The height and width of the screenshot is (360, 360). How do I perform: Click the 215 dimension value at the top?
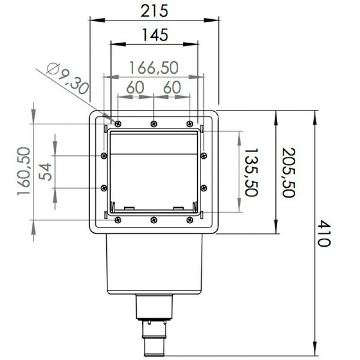154,10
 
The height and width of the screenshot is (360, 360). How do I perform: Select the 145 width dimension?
154,34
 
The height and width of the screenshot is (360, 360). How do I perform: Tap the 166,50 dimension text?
154,67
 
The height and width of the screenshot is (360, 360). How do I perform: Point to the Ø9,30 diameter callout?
67,77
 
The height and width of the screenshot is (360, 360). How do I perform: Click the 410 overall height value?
323,233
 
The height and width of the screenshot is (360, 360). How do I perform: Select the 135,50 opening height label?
250,172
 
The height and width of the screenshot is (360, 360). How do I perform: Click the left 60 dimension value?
135,87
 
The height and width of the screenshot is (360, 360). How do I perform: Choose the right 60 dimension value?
172,87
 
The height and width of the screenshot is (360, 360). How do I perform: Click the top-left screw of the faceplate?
117,123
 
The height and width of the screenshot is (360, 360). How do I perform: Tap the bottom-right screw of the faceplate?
189,220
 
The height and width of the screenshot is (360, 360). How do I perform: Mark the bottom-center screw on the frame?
154,220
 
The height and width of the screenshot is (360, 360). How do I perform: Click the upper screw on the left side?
104,156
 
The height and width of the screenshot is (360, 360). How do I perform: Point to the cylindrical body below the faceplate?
154,263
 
